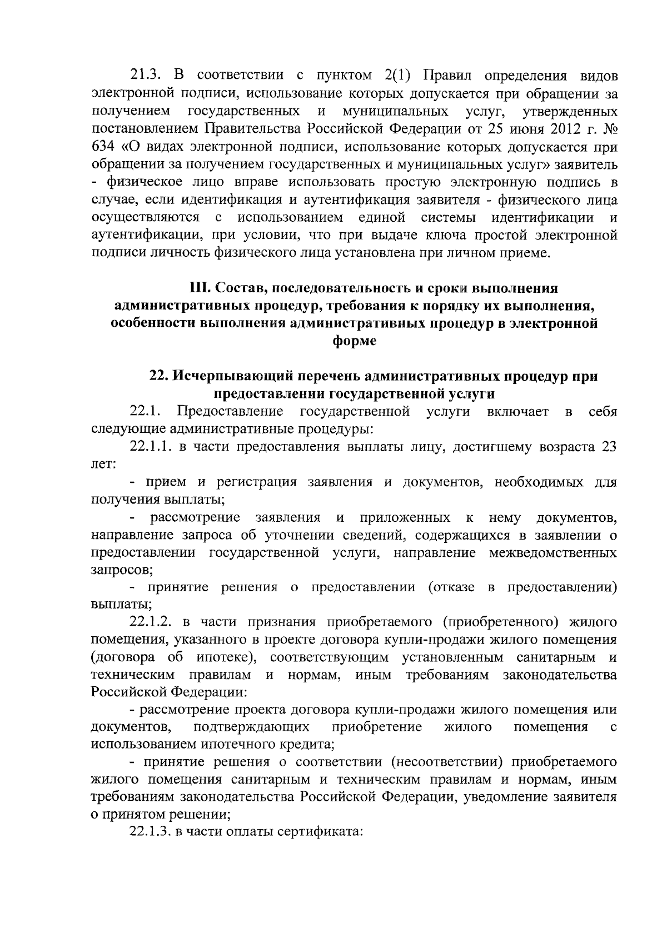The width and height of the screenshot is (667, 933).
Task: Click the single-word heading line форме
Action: (x=354, y=341)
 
